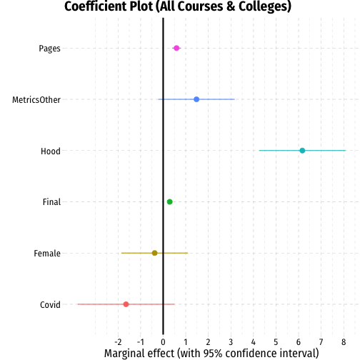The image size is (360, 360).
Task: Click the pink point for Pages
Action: [x=176, y=48]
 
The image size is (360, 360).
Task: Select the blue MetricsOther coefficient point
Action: [x=196, y=99]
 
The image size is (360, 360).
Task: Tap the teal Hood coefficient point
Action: [x=302, y=151]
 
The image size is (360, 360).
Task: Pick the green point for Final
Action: [x=169, y=202]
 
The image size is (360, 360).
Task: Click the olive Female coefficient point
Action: [x=154, y=253]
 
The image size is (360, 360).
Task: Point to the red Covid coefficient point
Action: [x=126, y=304]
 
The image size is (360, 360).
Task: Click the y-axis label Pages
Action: [x=49, y=49]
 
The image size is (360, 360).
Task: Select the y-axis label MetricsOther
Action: [x=36, y=100]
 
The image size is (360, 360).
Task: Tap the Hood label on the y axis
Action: [x=51, y=151]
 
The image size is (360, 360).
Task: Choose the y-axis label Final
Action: [x=51, y=202]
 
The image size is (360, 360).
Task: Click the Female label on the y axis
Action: [x=47, y=254]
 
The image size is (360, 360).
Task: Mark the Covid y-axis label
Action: [x=50, y=305]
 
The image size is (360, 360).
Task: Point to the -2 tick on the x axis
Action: [x=118, y=342]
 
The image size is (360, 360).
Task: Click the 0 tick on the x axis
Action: [x=163, y=342]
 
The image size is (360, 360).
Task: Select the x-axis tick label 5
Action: [x=276, y=342]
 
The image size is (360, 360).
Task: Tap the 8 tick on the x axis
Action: [x=344, y=342]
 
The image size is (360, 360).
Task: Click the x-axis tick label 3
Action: [x=231, y=342]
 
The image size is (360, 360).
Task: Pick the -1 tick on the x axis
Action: [x=141, y=342]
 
